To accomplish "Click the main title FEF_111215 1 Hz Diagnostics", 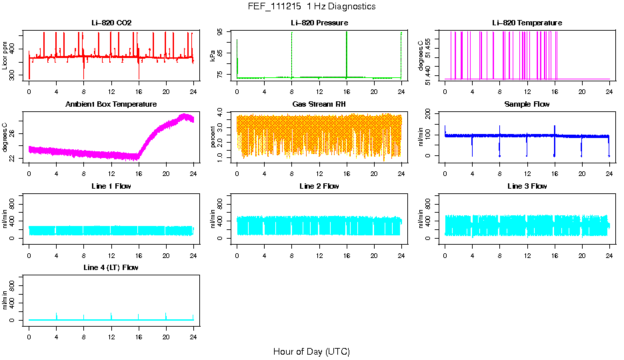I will pos(311,7).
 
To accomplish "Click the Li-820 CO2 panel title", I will pos(111,23).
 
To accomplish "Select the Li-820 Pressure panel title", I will pos(319,23).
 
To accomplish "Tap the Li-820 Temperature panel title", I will pos(527,23).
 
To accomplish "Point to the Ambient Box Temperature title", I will pos(111,105).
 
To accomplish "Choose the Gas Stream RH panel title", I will pos(319,105).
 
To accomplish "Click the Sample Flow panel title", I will pos(527,105).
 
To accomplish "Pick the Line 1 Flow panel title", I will pos(111,186).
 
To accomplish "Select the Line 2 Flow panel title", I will pos(319,186).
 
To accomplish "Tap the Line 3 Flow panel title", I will pos(527,186).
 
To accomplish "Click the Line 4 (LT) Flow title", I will pos(111,267).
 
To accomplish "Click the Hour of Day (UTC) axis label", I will pos(311,351).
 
